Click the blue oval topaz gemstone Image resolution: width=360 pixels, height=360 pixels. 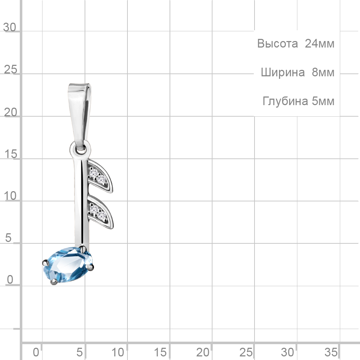point(68,265)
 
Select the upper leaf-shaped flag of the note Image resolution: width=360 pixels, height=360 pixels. point(100,176)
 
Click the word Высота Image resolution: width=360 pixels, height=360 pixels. point(277,44)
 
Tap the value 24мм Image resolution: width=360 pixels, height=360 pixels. point(319,44)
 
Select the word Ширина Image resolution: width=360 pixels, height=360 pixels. point(283,72)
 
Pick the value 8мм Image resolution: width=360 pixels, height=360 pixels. point(323,72)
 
